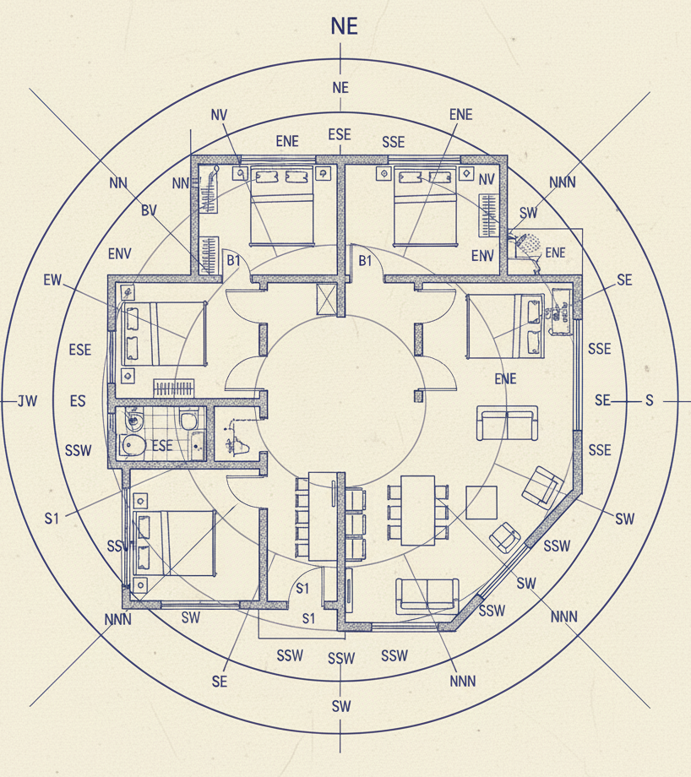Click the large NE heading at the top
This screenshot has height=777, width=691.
[x=344, y=26]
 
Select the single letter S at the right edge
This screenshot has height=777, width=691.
[x=649, y=400]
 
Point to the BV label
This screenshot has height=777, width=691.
[x=150, y=210]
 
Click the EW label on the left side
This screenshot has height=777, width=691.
[x=52, y=280]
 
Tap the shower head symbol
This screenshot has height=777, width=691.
[x=530, y=244]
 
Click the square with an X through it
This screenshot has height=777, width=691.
[x=326, y=300]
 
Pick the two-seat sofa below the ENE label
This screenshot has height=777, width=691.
[x=507, y=423]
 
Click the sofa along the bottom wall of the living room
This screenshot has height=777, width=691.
[x=427, y=596]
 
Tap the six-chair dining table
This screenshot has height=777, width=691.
[x=416, y=510]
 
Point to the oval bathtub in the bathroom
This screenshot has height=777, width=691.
[x=131, y=446]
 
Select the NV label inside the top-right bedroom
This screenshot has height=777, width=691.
[x=487, y=180]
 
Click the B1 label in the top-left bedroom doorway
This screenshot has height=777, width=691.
[x=234, y=261]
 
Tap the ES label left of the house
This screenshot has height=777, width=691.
[x=78, y=401]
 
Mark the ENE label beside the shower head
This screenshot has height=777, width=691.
[x=555, y=253]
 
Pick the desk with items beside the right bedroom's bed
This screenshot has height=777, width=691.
[x=559, y=311]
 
